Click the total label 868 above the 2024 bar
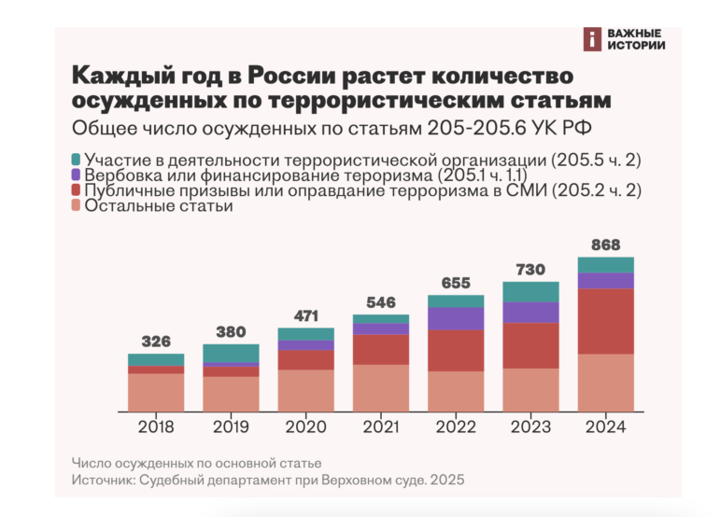pyautogui.click(x=606, y=245)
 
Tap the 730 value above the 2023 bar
pyautogui.click(x=530, y=270)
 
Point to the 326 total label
pyautogui.click(x=156, y=342)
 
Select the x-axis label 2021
pyautogui.click(x=381, y=427)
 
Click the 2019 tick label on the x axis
pyautogui.click(x=231, y=427)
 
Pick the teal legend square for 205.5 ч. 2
pyautogui.click(x=77, y=160)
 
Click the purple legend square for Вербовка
pyautogui.click(x=77, y=175)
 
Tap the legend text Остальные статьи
pyautogui.click(x=159, y=206)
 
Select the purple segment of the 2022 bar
pyautogui.click(x=456, y=319)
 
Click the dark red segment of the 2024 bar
pyautogui.click(x=606, y=321)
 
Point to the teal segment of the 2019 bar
pyautogui.click(x=231, y=354)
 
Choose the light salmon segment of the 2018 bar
pyautogui.click(x=156, y=392)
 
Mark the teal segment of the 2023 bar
pyautogui.click(x=530, y=292)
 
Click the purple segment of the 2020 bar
pyautogui.click(x=305, y=345)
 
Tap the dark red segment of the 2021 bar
pyautogui.click(x=381, y=350)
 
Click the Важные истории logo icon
pyautogui.click(x=592, y=39)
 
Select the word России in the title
pyautogui.click(x=292, y=76)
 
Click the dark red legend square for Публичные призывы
pyautogui.click(x=77, y=190)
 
